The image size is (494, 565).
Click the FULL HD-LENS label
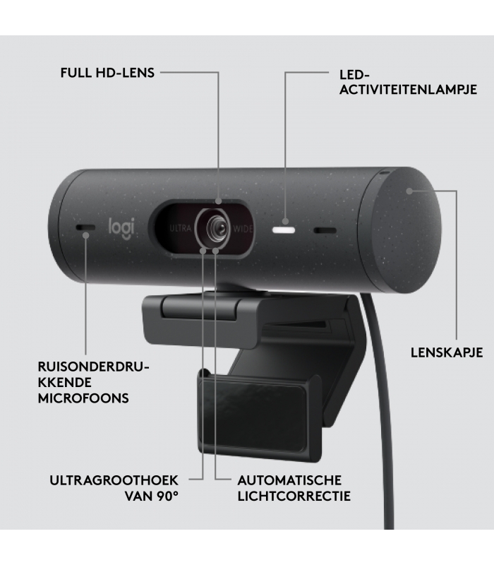tap(107, 73)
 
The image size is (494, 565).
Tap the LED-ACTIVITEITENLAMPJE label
tap(408, 82)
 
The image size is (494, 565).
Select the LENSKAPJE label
tap(447, 352)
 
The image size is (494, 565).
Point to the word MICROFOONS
tap(83, 398)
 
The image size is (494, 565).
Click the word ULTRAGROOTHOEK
tap(114, 480)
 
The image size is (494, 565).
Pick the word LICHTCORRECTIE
tap(294, 496)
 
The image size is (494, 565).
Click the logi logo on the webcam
tap(121, 228)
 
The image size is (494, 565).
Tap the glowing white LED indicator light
tap(284, 230)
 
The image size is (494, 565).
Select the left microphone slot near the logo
tap(85, 227)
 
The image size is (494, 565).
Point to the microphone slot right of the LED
tap(325, 231)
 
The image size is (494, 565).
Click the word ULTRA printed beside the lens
tap(180, 228)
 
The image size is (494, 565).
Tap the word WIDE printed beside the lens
tap(243, 229)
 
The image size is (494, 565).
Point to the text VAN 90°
tap(152, 496)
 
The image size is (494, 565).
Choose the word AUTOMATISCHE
tap(289, 480)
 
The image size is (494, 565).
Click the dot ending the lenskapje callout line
tap(409, 191)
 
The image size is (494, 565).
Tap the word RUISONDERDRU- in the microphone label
tap(93, 367)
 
